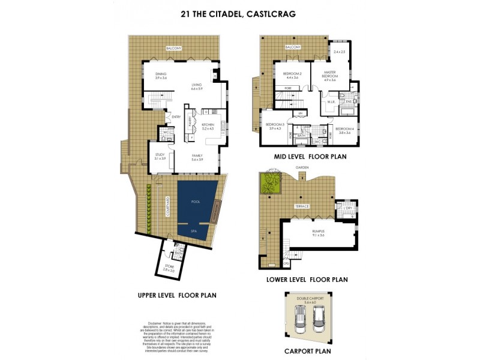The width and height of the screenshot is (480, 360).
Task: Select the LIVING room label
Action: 196,86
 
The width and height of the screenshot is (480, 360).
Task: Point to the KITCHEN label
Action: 208,127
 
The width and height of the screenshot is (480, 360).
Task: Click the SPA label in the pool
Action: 194,230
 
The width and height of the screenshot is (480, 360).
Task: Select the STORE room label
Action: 169,267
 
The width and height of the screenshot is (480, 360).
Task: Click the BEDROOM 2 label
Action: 292,76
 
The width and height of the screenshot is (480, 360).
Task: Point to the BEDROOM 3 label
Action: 275,126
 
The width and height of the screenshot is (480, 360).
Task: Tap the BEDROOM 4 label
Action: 344,130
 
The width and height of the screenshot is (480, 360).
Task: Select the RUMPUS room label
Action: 318,233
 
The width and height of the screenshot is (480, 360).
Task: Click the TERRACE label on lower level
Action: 301,206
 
